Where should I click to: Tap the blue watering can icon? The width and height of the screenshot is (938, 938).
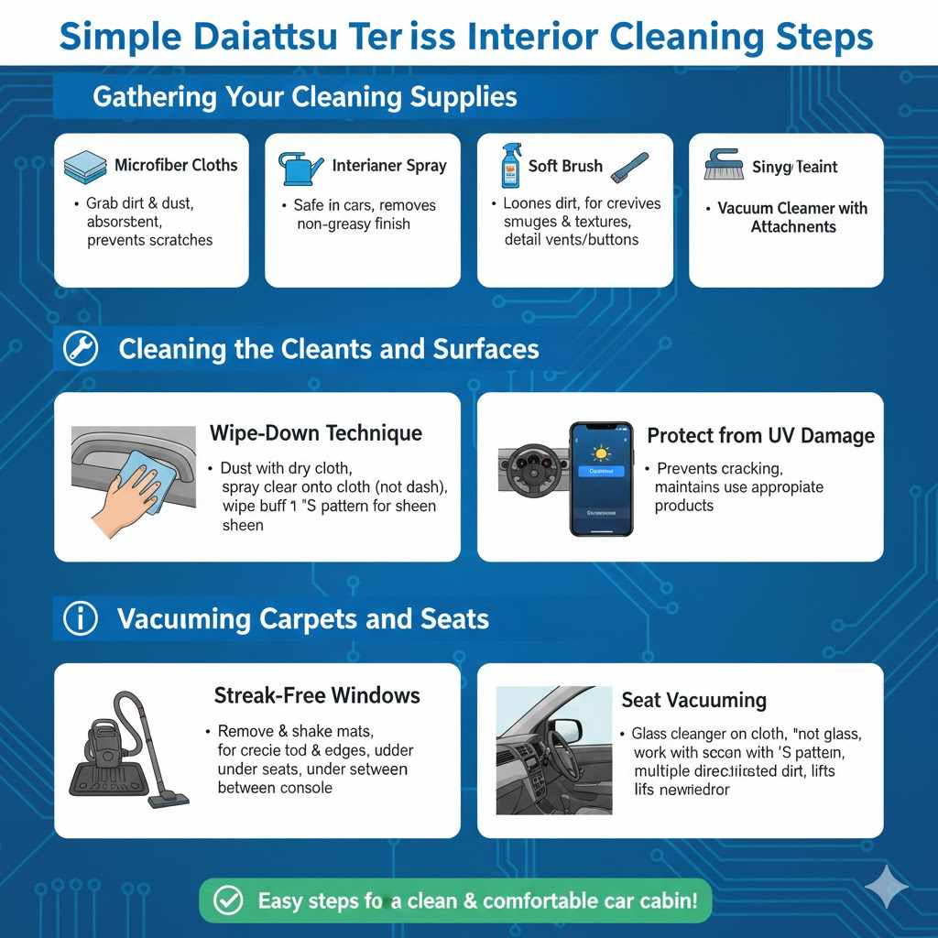pyautogui.click(x=300, y=168)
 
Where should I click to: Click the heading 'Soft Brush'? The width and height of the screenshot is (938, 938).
pyautogui.click(x=565, y=166)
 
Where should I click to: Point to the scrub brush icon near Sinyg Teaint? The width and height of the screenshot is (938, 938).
pyautogui.click(x=724, y=165)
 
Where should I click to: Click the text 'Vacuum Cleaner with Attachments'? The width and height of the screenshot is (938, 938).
pyautogui.click(x=792, y=217)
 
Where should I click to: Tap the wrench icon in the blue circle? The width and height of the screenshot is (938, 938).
pyautogui.click(x=81, y=348)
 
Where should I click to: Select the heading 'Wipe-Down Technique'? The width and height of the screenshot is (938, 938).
pyautogui.click(x=316, y=432)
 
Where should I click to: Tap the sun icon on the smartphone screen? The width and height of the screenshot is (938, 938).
pyautogui.click(x=602, y=453)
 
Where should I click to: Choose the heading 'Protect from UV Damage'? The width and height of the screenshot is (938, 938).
pyautogui.click(x=760, y=436)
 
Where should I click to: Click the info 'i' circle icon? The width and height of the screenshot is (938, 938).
pyautogui.click(x=81, y=619)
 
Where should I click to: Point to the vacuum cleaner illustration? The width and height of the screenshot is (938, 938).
pyautogui.click(x=128, y=750)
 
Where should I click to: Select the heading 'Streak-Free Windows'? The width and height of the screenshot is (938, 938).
pyautogui.click(x=317, y=695)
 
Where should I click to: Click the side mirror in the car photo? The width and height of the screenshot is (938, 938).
pyautogui.click(x=566, y=730)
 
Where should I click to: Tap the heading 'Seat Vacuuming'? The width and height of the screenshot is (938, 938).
pyautogui.click(x=693, y=700)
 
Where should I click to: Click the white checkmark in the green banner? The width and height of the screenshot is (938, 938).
pyautogui.click(x=227, y=901)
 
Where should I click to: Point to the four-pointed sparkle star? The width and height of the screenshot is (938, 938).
pyautogui.click(x=887, y=887)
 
